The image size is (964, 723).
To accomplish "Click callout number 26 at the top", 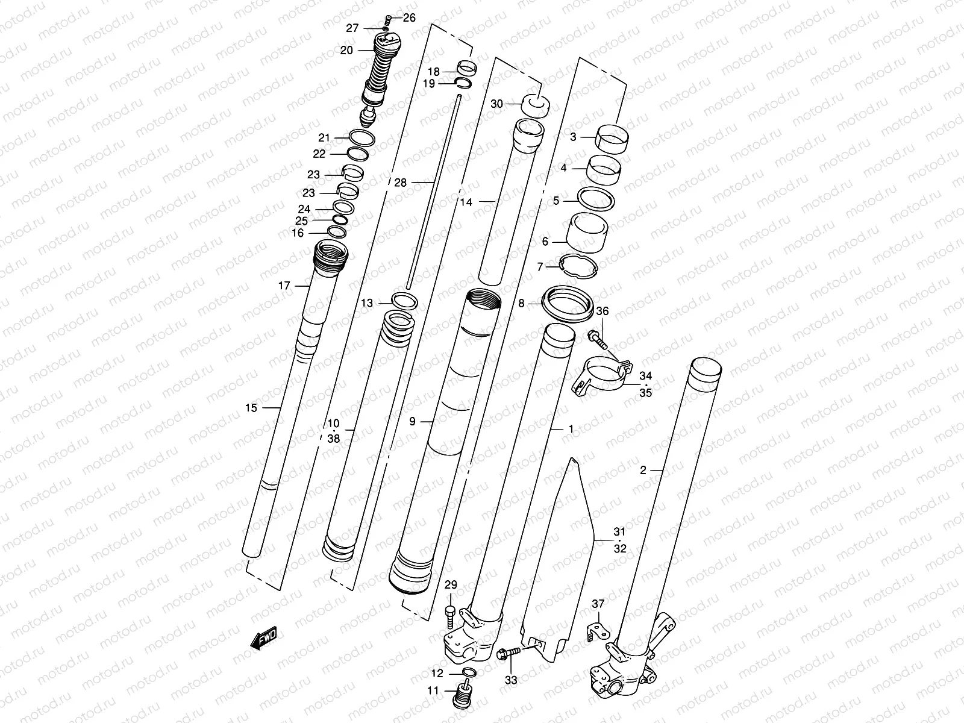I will pyautogui.click(x=409, y=18).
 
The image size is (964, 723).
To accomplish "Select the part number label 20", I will pyautogui.click(x=346, y=51).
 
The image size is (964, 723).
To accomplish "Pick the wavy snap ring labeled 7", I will pyautogui.click(x=577, y=266).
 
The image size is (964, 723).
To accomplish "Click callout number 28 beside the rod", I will pyautogui.click(x=401, y=183).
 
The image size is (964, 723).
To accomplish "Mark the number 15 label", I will pyautogui.click(x=251, y=408).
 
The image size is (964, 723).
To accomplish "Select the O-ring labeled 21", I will pyautogui.click(x=359, y=137).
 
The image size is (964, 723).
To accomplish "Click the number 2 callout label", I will pyautogui.click(x=643, y=470).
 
